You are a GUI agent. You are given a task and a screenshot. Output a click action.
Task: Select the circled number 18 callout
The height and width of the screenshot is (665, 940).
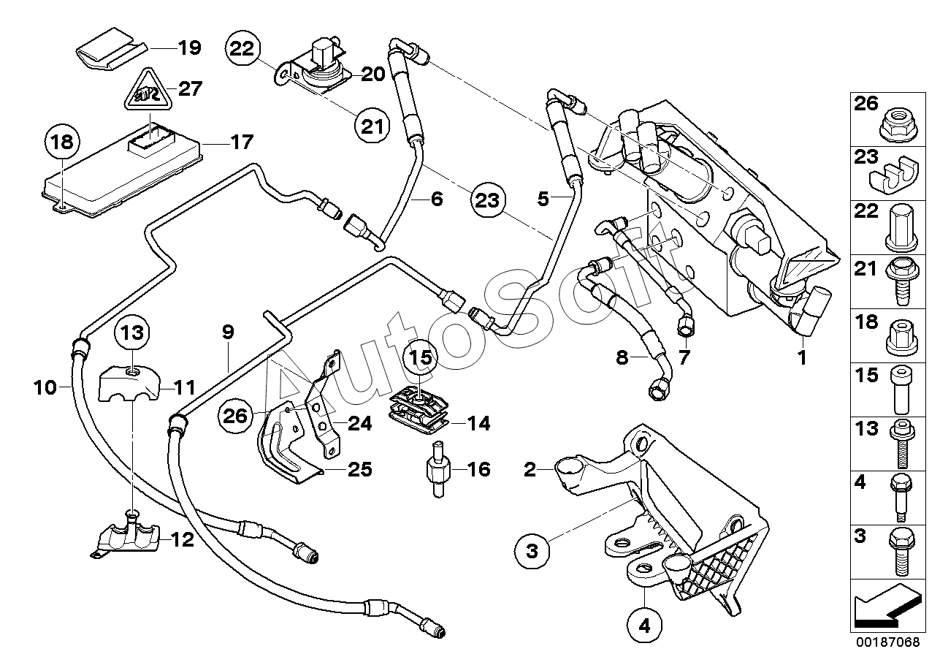click(63, 142)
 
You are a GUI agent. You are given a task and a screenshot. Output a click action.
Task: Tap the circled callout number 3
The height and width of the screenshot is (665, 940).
click(532, 551)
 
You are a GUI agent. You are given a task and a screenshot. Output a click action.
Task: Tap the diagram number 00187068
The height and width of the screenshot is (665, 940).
click(887, 641)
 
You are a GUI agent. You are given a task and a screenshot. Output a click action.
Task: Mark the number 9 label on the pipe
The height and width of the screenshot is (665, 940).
click(228, 332)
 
